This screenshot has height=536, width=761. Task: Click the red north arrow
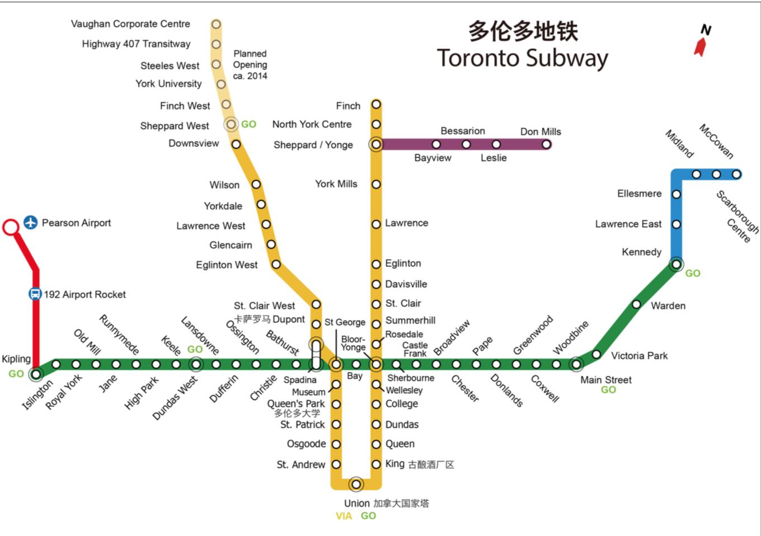(x=700, y=47)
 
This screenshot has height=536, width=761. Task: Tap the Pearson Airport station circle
(x=11, y=227)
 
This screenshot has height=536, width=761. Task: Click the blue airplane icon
(x=30, y=223)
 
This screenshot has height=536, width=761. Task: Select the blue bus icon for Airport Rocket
(x=35, y=294)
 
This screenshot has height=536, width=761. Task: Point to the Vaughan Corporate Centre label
(x=130, y=24)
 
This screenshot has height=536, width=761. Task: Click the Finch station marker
(x=377, y=105)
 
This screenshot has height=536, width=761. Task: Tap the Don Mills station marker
(x=546, y=144)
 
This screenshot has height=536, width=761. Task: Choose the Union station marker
(x=356, y=483)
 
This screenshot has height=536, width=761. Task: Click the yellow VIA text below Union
(x=344, y=516)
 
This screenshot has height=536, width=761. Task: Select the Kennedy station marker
(x=677, y=264)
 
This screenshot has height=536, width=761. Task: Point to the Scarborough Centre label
(x=737, y=215)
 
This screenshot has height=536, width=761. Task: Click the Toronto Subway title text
(x=522, y=58)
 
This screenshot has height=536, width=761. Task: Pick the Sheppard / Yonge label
(x=313, y=145)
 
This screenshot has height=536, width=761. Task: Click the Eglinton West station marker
(x=276, y=264)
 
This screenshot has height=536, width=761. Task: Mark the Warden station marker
(x=636, y=304)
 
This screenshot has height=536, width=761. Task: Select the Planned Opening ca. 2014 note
(x=250, y=65)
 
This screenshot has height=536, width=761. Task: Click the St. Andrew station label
(x=300, y=464)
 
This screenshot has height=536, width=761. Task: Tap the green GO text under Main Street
(x=608, y=389)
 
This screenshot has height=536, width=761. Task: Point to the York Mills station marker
(x=377, y=184)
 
